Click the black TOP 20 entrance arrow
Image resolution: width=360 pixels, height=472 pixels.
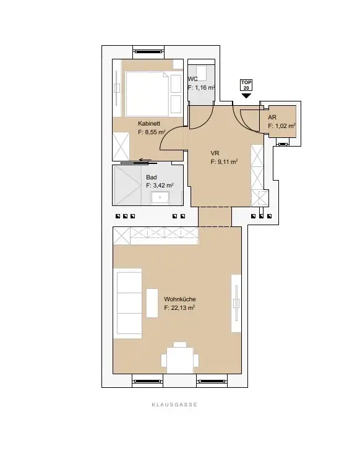(x=247, y=96)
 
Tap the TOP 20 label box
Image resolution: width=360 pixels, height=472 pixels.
(x=247, y=86)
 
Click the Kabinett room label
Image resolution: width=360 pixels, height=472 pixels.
(x=149, y=123)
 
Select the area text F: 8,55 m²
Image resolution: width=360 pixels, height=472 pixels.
(x=152, y=132)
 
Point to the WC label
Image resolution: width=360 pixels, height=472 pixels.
(x=192, y=79)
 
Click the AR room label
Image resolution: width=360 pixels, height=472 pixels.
(x=272, y=117)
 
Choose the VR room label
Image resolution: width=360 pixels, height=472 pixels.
(x=215, y=153)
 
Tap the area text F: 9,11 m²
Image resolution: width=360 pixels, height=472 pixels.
(x=224, y=162)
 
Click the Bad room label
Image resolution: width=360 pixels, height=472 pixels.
(x=151, y=176)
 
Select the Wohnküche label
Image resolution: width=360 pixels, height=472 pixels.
(x=179, y=299)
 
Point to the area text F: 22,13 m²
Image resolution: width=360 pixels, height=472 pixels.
(x=180, y=307)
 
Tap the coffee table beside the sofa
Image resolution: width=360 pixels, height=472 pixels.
(x=152, y=303)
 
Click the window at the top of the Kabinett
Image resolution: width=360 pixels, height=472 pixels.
(x=149, y=51)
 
